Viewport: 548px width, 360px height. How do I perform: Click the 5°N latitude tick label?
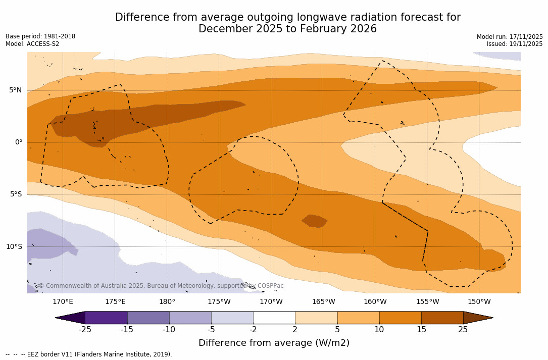pos(15,90)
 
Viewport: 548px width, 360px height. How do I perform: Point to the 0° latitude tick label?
pos(19,142)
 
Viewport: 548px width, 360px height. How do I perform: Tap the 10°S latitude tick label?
pos(14,247)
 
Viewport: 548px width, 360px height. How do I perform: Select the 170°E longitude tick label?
pos(63,302)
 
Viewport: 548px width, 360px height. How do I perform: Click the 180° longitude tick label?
pos(167,302)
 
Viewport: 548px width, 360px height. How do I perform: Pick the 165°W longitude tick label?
pos(323,302)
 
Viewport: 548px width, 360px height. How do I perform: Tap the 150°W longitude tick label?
pos(479,302)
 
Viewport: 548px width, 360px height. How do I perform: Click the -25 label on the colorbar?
pos(85,330)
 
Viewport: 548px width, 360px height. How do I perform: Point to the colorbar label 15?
pos(421,330)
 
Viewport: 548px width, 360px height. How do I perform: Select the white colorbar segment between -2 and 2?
pos(274,318)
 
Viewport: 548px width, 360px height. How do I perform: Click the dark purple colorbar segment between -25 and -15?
pos(106,318)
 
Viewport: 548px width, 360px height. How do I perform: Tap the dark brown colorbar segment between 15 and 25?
pos(442,318)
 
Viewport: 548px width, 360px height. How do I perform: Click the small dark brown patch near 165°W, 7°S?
pos(315,221)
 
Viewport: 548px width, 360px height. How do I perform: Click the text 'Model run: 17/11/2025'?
pos(510,37)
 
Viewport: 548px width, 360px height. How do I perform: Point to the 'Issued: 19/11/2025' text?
pos(515,44)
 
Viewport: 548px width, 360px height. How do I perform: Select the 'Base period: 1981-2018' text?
pos(40,36)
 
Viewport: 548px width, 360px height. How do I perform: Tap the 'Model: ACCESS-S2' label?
pos(32,44)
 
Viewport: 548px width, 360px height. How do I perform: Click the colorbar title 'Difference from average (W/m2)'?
pos(274,343)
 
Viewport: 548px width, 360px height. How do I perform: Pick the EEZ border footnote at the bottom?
pos(89,354)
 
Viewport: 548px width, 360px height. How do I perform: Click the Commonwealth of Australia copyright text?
pos(161,286)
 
